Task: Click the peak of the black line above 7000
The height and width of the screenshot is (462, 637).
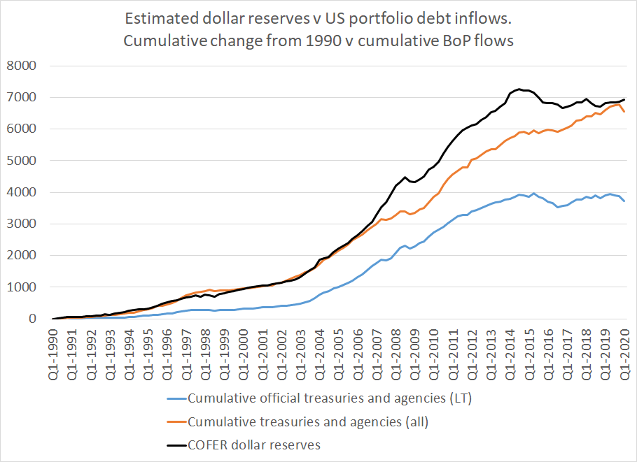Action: pyautogui.click(x=519, y=89)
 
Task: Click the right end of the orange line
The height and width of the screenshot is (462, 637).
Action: pyautogui.click(x=624, y=112)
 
